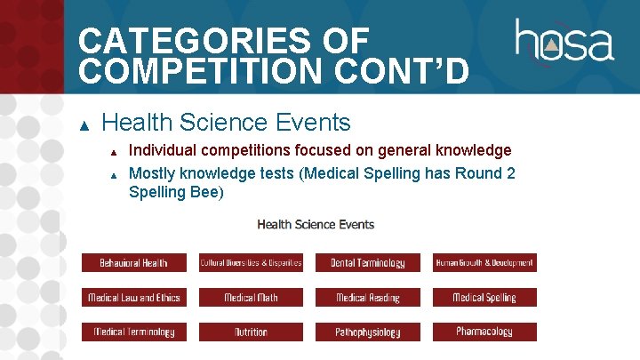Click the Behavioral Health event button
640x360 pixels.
pyautogui.click(x=133, y=262)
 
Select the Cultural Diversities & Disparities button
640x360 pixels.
pyautogui.click(x=251, y=262)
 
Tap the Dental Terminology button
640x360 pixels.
pyautogui.click(x=367, y=262)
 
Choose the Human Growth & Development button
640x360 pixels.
pyautogui.click(x=484, y=262)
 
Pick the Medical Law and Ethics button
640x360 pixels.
pyautogui.click(x=133, y=298)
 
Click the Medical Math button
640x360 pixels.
pyautogui.click(x=251, y=298)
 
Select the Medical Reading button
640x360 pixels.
pyautogui.click(x=367, y=298)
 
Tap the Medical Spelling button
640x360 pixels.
pyautogui.click(x=484, y=298)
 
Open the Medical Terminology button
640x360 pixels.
pyautogui.click(x=133, y=332)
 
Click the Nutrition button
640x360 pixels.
pyautogui.click(x=251, y=332)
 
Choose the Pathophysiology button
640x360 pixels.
pyautogui.click(x=367, y=332)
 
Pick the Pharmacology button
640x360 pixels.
pyautogui.click(x=484, y=332)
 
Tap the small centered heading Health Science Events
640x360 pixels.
pyautogui.click(x=316, y=224)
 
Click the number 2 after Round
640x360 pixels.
pyautogui.click(x=509, y=172)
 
